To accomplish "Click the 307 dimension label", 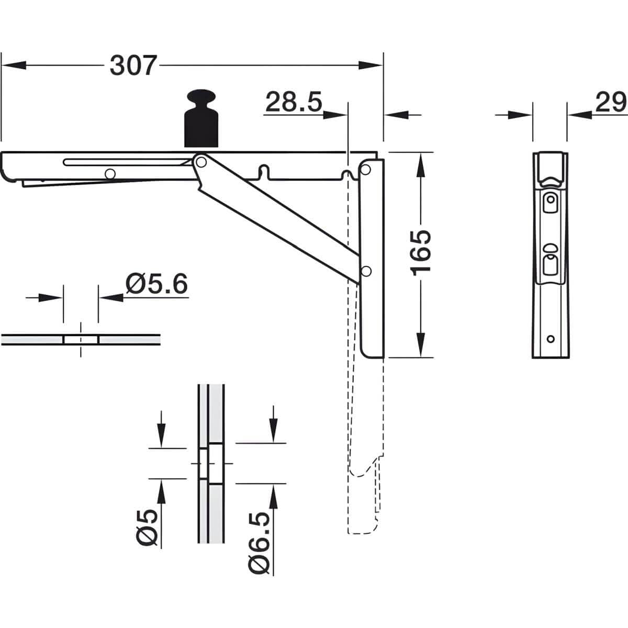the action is coord(133,65).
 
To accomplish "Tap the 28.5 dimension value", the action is coord(294,102).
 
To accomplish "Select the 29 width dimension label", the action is coord(611,102).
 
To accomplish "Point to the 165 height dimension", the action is coord(420,253).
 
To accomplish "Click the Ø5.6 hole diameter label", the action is coord(156,284).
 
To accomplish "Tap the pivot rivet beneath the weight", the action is coord(201,162).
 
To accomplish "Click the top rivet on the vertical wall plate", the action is coord(366,170).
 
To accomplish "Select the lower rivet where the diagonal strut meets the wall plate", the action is coord(366,271).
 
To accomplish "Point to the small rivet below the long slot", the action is coord(110,174).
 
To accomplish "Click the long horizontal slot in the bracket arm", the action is coord(127,162).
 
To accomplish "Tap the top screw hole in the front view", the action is coord(551,199).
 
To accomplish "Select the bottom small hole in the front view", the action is coord(551,339).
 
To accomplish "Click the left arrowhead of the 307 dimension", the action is coord(14,65).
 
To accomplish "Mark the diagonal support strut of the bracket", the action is coord(277,219).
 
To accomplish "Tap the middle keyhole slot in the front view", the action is coord(551,260).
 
